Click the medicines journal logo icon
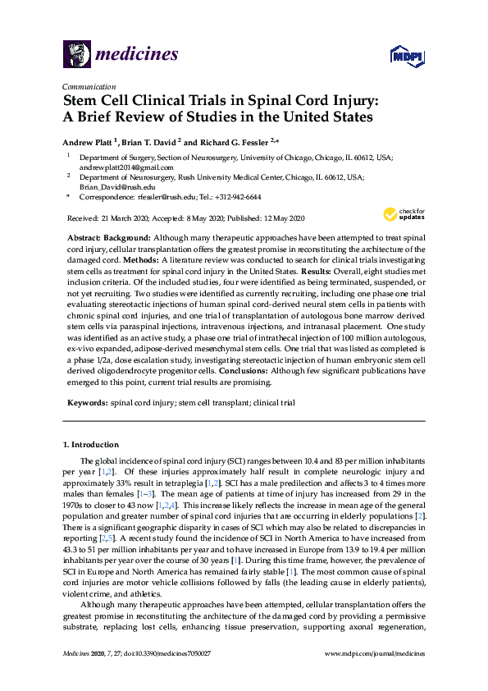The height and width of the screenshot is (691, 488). [x=76, y=53]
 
